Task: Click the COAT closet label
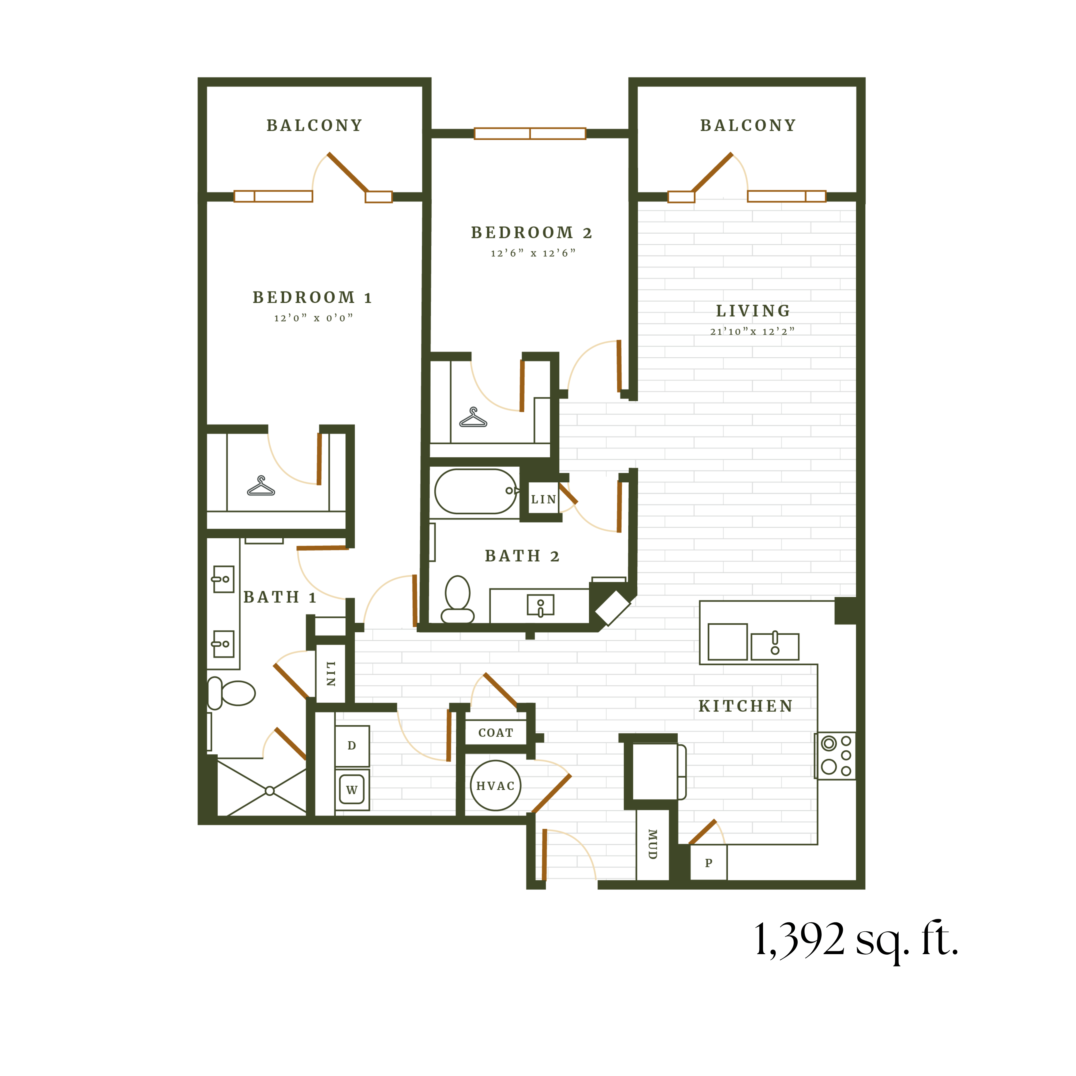coord(496,733)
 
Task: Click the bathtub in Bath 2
coord(475,491)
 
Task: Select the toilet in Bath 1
coord(232,693)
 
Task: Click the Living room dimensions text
coord(753,331)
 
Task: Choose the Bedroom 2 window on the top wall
coord(530,134)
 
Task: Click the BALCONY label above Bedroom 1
coord(315,126)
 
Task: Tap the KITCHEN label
coord(746,706)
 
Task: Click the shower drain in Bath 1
coord(270,791)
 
